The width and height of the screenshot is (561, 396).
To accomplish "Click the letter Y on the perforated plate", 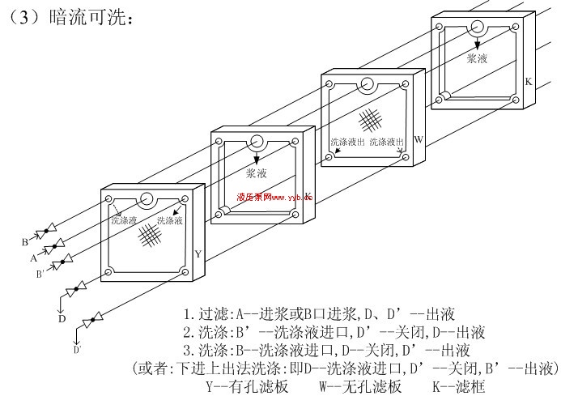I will (198, 253).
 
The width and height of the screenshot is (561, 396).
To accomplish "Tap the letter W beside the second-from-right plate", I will (419, 139).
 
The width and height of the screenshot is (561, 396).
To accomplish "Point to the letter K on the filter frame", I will (529, 82).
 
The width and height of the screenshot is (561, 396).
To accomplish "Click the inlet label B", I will (25, 241).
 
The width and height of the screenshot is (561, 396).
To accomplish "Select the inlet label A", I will (33, 259).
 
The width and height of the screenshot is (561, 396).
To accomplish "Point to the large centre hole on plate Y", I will (147, 199).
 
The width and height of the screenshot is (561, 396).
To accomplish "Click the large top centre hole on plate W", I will (366, 83).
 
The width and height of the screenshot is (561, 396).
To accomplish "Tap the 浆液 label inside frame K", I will (477, 58).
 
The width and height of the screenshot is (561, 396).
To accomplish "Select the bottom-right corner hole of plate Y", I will (185, 273).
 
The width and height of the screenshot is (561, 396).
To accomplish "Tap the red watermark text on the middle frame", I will (274, 197).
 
